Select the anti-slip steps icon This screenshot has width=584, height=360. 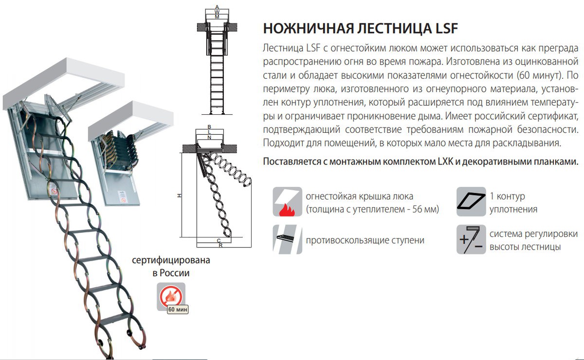(287, 239)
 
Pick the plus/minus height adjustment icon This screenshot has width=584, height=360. (471, 239)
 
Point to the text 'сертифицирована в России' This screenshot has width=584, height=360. (171, 267)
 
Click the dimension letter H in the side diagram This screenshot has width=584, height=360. (179, 195)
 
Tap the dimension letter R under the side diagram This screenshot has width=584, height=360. (220, 246)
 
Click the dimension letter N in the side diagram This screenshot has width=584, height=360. (209, 138)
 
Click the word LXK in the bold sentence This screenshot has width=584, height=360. (439, 162)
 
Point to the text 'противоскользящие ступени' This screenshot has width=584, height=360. (365, 240)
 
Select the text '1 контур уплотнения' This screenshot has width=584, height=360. (513, 203)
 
